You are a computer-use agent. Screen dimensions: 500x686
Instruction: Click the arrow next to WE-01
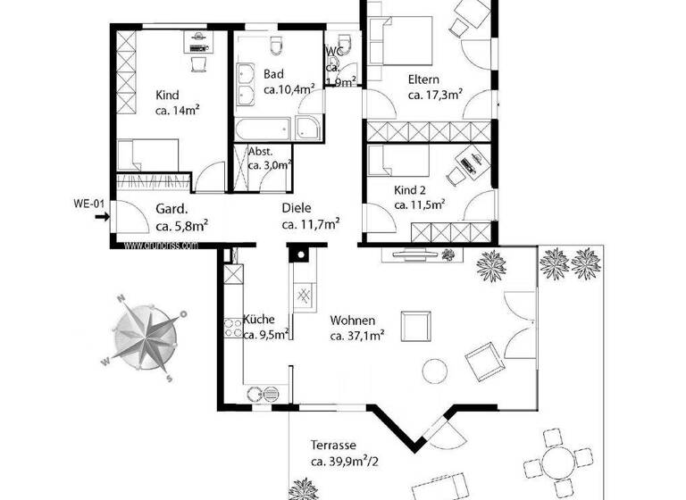[102, 214]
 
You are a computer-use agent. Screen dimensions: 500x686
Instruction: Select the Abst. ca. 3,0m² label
[269, 158]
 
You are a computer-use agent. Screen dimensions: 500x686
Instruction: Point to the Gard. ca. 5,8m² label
[181, 217]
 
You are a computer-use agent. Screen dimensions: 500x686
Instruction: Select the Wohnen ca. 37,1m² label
[357, 328]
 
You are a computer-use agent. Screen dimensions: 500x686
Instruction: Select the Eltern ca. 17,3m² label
[434, 86]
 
